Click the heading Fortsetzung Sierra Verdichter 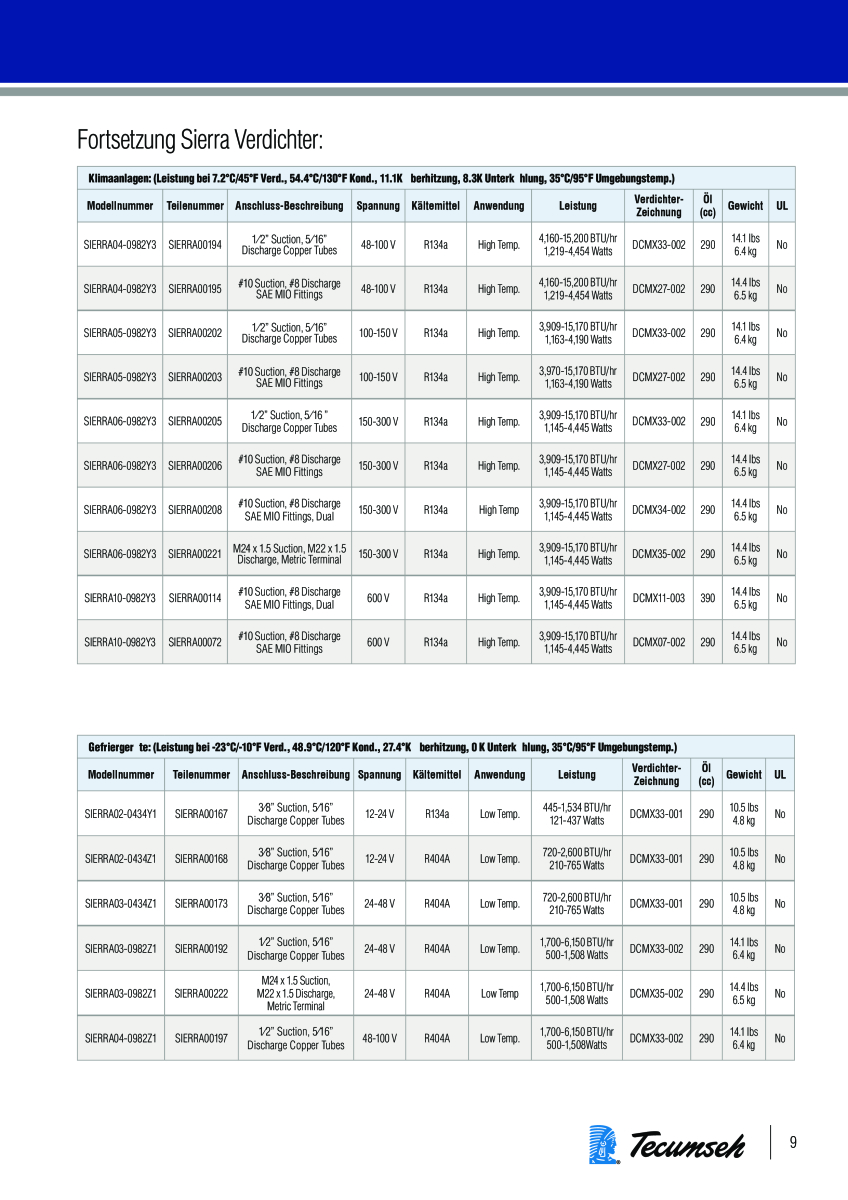pyautogui.click(x=200, y=137)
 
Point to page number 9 pyautogui.click(x=793, y=1143)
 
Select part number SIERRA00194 pyautogui.click(x=195, y=244)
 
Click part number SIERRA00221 pyautogui.click(x=195, y=554)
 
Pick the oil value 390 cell pyautogui.click(x=708, y=598)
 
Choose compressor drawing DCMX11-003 pyautogui.click(x=659, y=598)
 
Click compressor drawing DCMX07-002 pyautogui.click(x=659, y=642)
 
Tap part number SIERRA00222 pyautogui.click(x=201, y=994)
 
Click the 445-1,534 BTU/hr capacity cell pyautogui.click(x=577, y=814)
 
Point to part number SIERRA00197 pyautogui.click(x=201, y=1039)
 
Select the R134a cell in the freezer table pyautogui.click(x=437, y=814)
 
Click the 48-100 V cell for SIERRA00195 pyautogui.click(x=378, y=289)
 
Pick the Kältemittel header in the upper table pyautogui.click(x=435, y=206)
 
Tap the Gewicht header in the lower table pyautogui.click(x=744, y=774)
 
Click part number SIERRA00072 pyautogui.click(x=195, y=642)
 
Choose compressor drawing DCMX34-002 pyautogui.click(x=659, y=510)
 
